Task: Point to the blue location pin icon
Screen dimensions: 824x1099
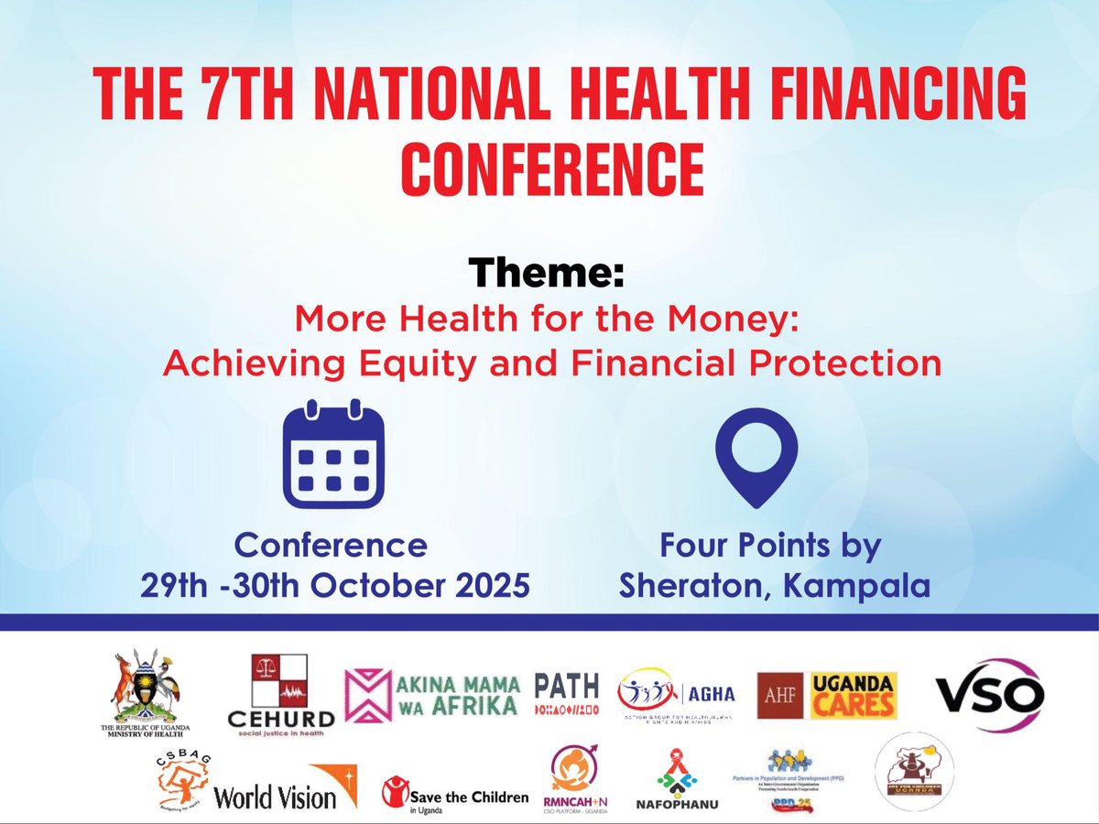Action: (756, 457)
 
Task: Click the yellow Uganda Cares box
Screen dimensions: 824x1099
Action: (858, 696)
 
